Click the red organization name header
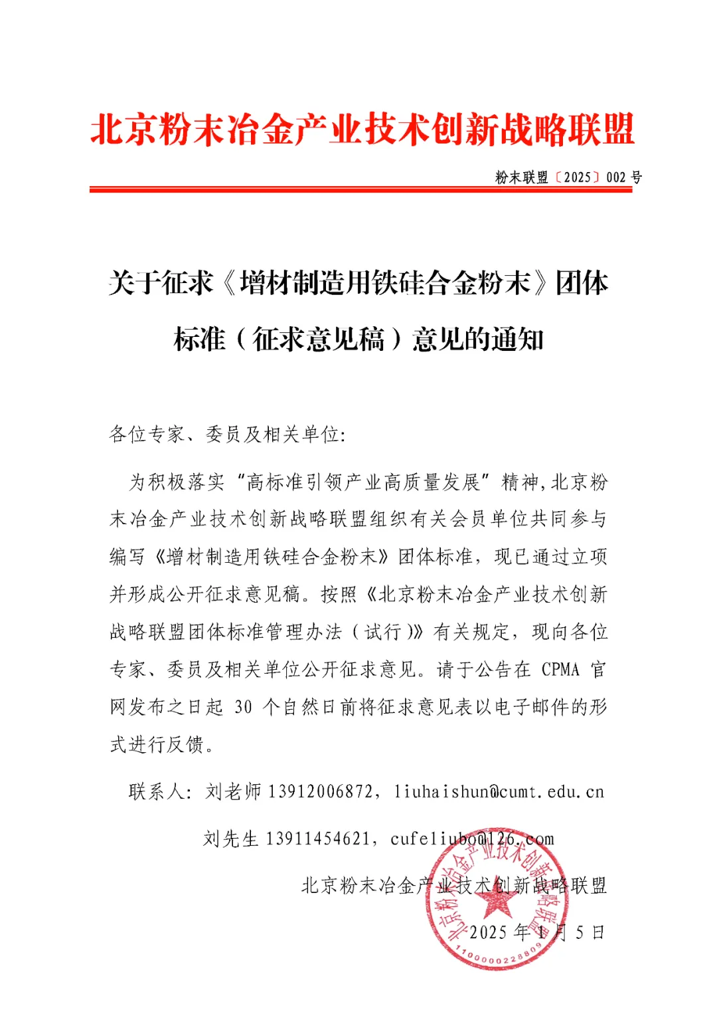point(362,129)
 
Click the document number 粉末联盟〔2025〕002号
point(568,177)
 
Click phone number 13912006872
point(320,791)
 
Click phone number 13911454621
point(317,839)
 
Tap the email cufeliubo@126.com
point(472,839)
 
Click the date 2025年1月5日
point(536,932)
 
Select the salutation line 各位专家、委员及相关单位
point(226,434)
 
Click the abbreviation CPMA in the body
point(560,669)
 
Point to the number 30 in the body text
point(243,707)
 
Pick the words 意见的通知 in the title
point(478,340)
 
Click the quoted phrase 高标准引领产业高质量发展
point(362,482)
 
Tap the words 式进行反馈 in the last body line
point(157,744)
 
